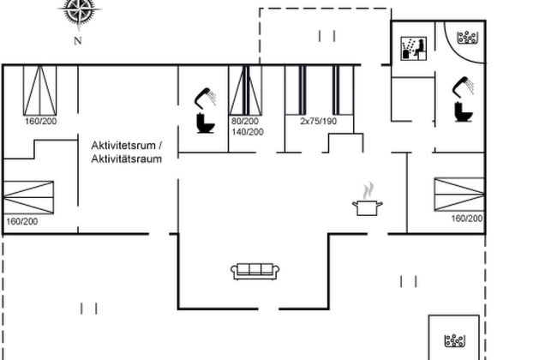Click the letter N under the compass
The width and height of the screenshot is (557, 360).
pyautogui.click(x=78, y=41)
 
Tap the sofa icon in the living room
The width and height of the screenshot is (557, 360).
pyautogui.click(x=255, y=272)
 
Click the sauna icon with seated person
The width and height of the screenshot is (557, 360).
pyautogui.click(x=414, y=48)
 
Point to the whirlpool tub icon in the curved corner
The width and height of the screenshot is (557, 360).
pyautogui.click(x=467, y=38)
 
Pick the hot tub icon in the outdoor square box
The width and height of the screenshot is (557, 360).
pyautogui.click(x=454, y=340)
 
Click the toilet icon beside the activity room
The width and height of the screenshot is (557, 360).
pyautogui.click(x=206, y=123)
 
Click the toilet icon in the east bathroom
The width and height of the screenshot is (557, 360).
pyautogui.click(x=464, y=112)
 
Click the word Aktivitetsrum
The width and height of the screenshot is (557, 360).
pyautogui.click(x=123, y=146)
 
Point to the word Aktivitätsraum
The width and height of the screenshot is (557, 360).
pyautogui.click(x=127, y=159)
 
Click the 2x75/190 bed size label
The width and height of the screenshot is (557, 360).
pyautogui.click(x=318, y=121)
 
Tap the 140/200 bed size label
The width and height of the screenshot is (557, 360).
pyautogui.click(x=248, y=132)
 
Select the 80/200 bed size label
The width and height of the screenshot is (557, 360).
pyautogui.click(x=245, y=121)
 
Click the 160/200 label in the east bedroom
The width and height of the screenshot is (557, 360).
pyautogui.click(x=467, y=219)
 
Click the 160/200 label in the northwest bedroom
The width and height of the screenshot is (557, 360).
pyautogui.click(x=40, y=121)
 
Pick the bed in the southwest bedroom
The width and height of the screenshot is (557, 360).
pyautogui.click(x=28, y=197)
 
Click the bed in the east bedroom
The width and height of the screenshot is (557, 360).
pyautogui.click(x=459, y=195)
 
